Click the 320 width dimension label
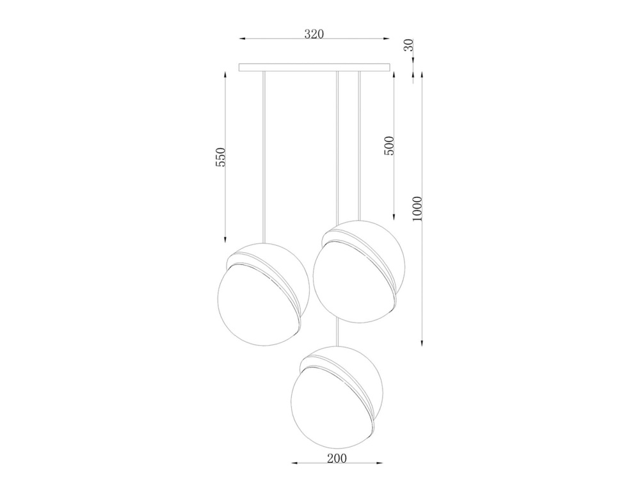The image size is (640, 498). point(314,34)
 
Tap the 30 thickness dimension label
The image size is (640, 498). point(408,45)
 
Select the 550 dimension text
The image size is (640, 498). point(220,157)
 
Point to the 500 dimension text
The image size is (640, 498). point(389,146)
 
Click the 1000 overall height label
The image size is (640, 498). point(417,209)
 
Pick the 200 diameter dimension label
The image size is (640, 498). point(337,458)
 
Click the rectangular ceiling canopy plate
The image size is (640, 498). point(314,67)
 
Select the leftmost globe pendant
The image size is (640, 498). point(263,294)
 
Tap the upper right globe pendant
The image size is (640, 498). point(359,272)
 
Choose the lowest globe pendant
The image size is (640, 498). point(337,397)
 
